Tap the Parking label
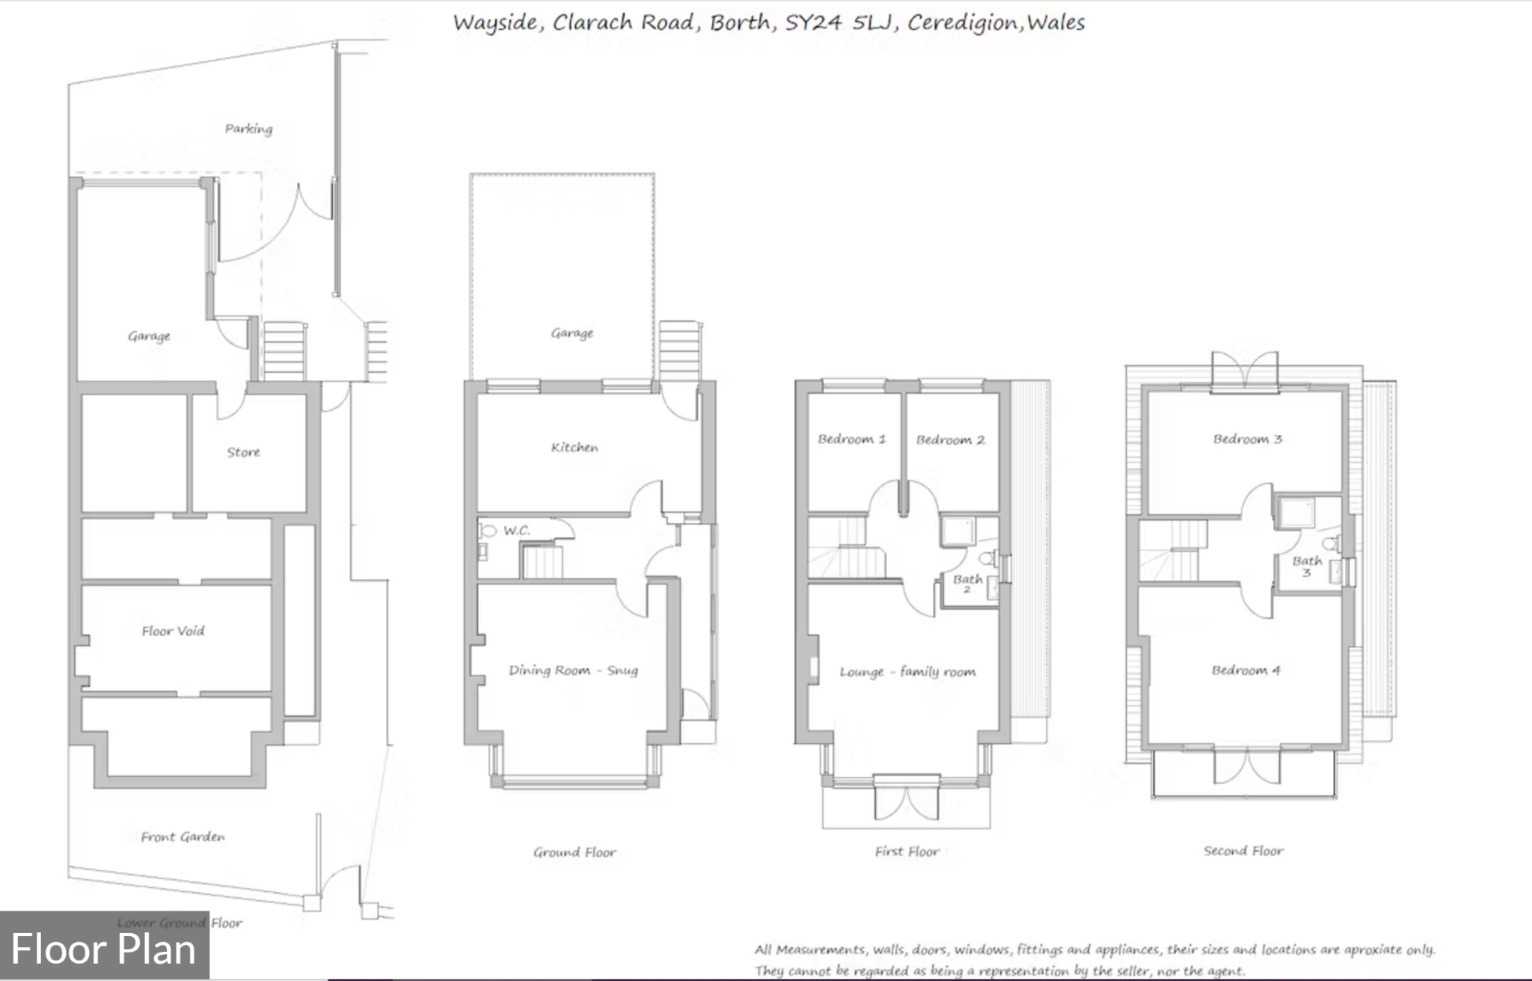(249, 129)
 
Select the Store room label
(244, 452)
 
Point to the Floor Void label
(173, 631)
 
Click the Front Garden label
(183, 837)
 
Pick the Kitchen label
(574, 447)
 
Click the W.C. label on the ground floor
(516, 531)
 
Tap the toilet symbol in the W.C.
(488, 531)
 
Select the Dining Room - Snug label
(573, 670)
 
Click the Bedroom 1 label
(851, 439)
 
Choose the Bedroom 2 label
(950, 440)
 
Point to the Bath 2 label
(967, 583)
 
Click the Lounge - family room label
(907, 672)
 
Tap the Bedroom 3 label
(1247, 439)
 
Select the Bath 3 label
(1307, 566)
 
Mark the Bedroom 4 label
(1246, 670)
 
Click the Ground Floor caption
(574, 852)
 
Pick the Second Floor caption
(1243, 851)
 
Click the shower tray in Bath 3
(1296, 513)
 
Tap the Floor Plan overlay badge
(104, 949)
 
